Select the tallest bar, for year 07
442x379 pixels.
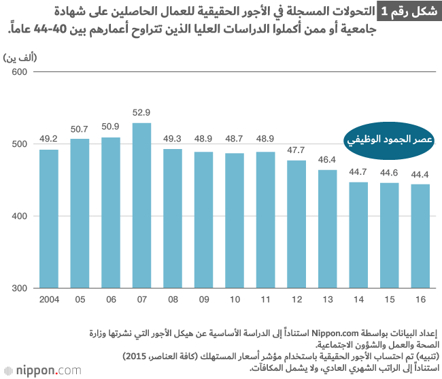[141, 205]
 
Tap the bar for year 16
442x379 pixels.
[420, 236]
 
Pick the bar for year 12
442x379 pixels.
[296, 224]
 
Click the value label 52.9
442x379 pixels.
[141, 112]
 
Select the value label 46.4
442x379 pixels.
[327, 159]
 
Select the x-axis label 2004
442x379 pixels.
[48, 300]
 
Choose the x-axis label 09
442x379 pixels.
[203, 300]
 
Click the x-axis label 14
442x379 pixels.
[358, 300]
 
